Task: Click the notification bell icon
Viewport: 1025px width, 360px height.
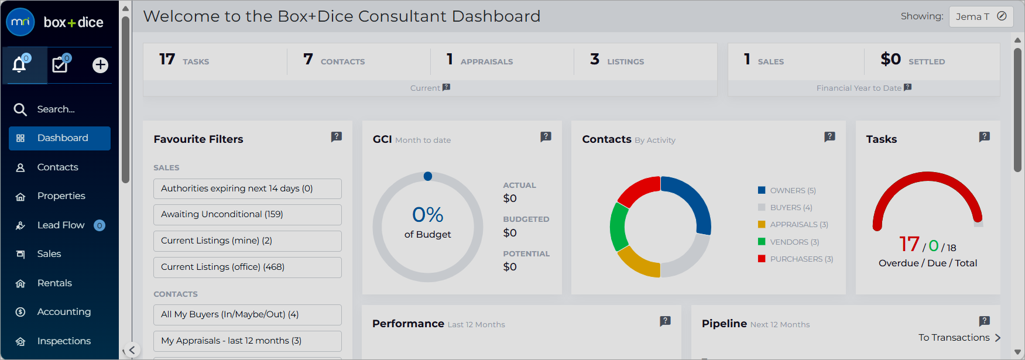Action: pos(19,64)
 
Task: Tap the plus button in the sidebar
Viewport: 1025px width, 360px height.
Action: pos(100,65)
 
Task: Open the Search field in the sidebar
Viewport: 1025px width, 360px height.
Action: pos(56,109)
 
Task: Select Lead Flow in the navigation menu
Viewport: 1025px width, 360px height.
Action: pos(61,225)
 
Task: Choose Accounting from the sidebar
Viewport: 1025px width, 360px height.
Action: pos(64,312)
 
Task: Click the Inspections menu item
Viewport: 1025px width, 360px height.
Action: pos(64,341)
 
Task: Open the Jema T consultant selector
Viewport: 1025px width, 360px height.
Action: pos(981,16)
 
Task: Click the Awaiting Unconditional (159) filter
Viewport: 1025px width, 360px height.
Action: pos(248,215)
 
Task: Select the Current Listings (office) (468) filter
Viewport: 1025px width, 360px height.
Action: pos(248,267)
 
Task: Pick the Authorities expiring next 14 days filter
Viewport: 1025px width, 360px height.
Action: pos(248,188)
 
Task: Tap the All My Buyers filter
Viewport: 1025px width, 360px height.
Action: pos(248,314)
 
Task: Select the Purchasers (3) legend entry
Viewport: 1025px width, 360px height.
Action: pos(796,259)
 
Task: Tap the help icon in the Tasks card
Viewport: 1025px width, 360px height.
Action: pos(985,137)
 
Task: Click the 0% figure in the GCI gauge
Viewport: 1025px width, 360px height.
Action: pos(428,215)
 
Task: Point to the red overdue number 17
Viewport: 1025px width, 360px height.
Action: pos(909,244)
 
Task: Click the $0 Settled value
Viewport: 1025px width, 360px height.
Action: pos(890,59)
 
